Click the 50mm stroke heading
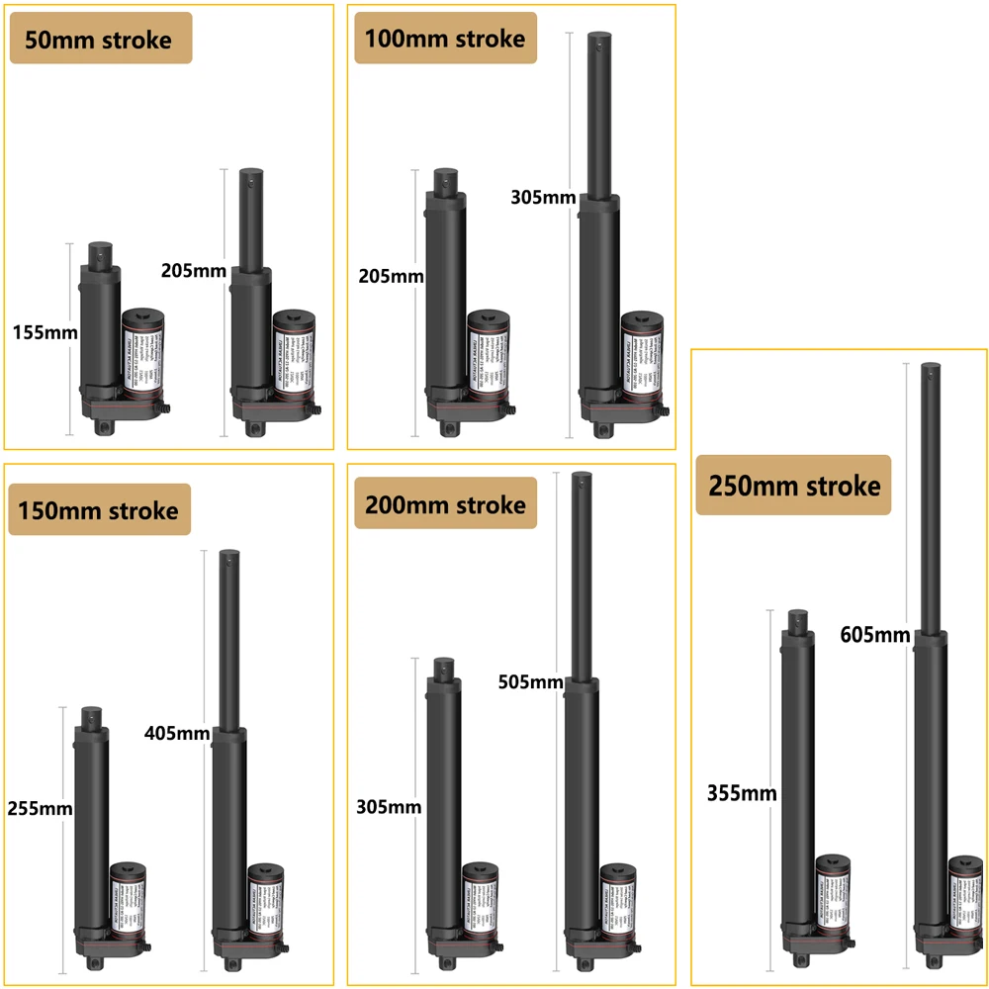(x=101, y=41)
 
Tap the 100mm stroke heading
(x=445, y=39)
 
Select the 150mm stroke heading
(x=99, y=510)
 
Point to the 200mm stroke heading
(x=445, y=505)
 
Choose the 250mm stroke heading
(x=794, y=486)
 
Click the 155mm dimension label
(x=45, y=332)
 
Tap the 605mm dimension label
(x=874, y=634)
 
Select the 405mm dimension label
(x=177, y=733)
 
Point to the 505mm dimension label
(x=530, y=681)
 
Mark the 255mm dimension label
(x=41, y=808)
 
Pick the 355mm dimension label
(x=742, y=792)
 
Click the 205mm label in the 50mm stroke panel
(x=194, y=270)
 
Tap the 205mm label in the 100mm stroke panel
(x=390, y=276)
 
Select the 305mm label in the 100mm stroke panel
(x=543, y=197)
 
